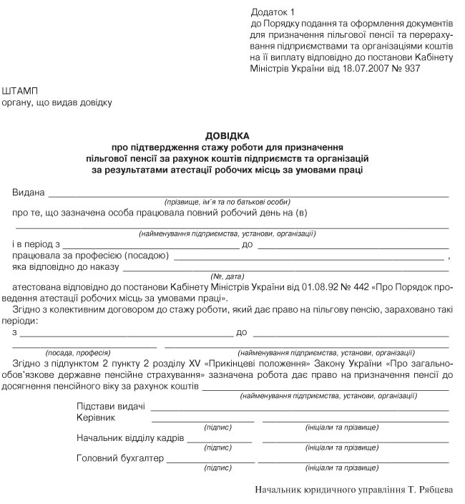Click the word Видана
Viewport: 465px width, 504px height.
[29, 193]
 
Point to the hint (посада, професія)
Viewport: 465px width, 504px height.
[77, 352]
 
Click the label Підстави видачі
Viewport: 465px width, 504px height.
[111, 407]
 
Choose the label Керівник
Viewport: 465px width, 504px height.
[95, 417]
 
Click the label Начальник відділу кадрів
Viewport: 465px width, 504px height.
[130, 437]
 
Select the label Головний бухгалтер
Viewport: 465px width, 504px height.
[120, 458]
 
